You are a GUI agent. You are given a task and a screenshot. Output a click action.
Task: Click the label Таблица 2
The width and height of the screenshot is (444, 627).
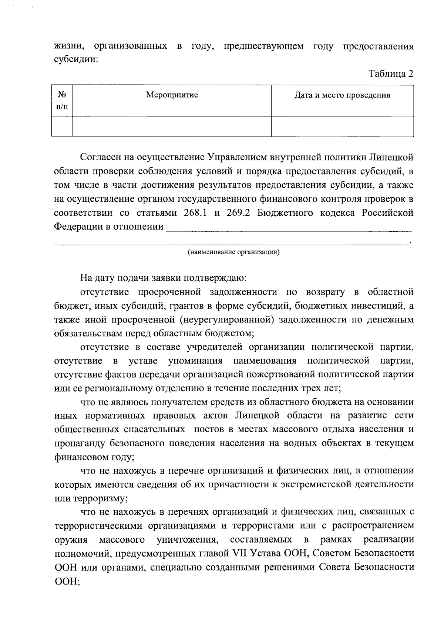390,74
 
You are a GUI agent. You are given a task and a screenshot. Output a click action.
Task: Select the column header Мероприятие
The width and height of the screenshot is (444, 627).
172,95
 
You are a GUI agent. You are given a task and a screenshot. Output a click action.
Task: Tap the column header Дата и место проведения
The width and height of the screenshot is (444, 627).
342,96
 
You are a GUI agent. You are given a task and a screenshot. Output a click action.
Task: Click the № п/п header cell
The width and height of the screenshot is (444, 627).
62,100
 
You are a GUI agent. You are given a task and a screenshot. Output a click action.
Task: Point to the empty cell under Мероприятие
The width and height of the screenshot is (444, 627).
172,126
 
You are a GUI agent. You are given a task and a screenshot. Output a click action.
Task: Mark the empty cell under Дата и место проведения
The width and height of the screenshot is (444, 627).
342,126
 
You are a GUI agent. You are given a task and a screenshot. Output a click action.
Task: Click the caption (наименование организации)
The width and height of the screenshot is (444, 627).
233,253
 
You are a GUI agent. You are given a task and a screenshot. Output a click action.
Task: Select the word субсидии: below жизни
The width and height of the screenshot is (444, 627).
76,60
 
